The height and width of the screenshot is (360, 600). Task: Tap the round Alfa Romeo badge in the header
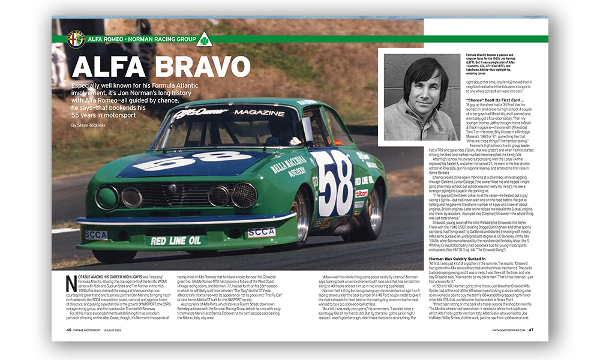76,38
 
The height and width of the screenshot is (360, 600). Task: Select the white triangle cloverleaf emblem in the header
204,39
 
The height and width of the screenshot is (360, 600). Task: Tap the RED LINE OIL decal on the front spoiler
176,241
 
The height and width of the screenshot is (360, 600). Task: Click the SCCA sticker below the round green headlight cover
96,235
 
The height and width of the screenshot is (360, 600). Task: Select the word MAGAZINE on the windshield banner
259,112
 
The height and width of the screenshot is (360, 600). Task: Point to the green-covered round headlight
106,197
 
